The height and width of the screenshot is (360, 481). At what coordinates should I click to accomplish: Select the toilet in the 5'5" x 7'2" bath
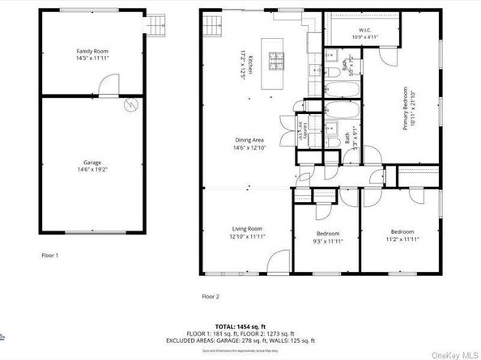tap(333, 74)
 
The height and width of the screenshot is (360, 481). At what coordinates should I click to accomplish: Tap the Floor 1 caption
tap(50, 255)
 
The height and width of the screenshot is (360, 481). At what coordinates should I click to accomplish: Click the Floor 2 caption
tap(211, 296)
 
